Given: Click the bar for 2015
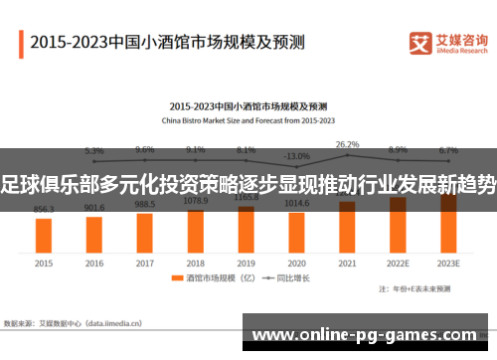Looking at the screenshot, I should click(x=44, y=235).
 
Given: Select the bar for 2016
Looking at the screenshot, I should click(x=94, y=234).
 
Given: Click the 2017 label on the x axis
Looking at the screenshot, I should click(x=145, y=265).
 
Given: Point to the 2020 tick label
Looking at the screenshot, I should click(x=296, y=265).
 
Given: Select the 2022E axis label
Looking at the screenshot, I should click(x=398, y=265).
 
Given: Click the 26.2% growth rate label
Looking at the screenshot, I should click(x=347, y=144).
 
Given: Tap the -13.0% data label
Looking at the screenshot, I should click(x=296, y=156).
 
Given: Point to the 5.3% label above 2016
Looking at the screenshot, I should click(x=94, y=150).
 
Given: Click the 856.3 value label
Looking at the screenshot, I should click(x=44, y=210).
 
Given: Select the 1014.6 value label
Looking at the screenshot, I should click(x=296, y=202).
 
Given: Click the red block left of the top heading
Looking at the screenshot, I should click(x=21, y=43).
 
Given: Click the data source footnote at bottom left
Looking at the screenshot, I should click(x=75, y=323).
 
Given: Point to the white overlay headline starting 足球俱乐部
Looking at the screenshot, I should click(x=248, y=181).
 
